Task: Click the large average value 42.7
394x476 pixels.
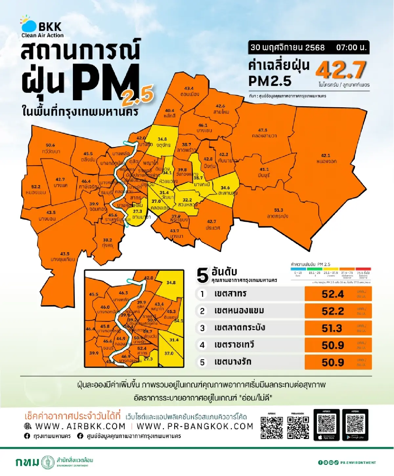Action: (x=340, y=70)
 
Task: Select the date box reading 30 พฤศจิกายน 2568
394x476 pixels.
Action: (x=288, y=47)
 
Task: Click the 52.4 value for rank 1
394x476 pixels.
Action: (x=333, y=294)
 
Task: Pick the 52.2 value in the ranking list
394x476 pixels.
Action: (x=333, y=311)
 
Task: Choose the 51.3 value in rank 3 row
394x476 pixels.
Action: (x=332, y=328)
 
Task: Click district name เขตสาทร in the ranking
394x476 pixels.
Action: (x=230, y=294)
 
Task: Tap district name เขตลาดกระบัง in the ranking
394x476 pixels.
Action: (x=239, y=328)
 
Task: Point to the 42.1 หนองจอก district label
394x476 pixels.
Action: (x=326, y=158)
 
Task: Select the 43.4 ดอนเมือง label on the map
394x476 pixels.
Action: (x=189, y=91)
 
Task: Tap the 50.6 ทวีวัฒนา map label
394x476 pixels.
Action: (x=51, y=148)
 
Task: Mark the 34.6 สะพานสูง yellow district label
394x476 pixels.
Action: (x=226, y=190)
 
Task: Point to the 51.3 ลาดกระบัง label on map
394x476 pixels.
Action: (x=278, y=213)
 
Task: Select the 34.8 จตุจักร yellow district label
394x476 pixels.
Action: (x=163, y=142)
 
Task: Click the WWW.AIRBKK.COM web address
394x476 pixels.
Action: (x=80, y=426)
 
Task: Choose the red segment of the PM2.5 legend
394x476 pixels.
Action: (x=363, y=269)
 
